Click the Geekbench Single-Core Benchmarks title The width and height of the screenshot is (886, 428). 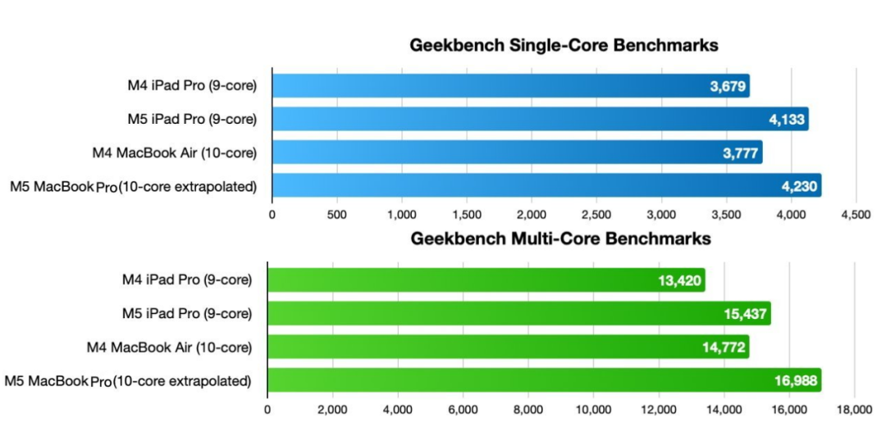[564, 46]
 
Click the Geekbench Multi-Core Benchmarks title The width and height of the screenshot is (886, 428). [559, 239]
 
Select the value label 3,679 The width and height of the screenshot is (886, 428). [728, 86]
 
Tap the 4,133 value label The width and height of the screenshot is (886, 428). [787, 120]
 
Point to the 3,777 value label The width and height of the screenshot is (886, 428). [740, 153]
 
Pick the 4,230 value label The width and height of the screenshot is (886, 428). [800, 186]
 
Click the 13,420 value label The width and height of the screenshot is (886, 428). [680, 280]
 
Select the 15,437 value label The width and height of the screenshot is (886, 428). [746, 314]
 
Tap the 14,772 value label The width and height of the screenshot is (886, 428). [724, 348]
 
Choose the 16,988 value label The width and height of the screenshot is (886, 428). [797, 380]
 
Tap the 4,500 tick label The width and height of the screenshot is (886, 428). [855, 215]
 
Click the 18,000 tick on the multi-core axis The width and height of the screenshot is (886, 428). [854, 408]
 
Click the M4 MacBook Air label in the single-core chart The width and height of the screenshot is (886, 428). [175, 153]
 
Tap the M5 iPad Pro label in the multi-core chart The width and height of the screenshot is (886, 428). [190, 314]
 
